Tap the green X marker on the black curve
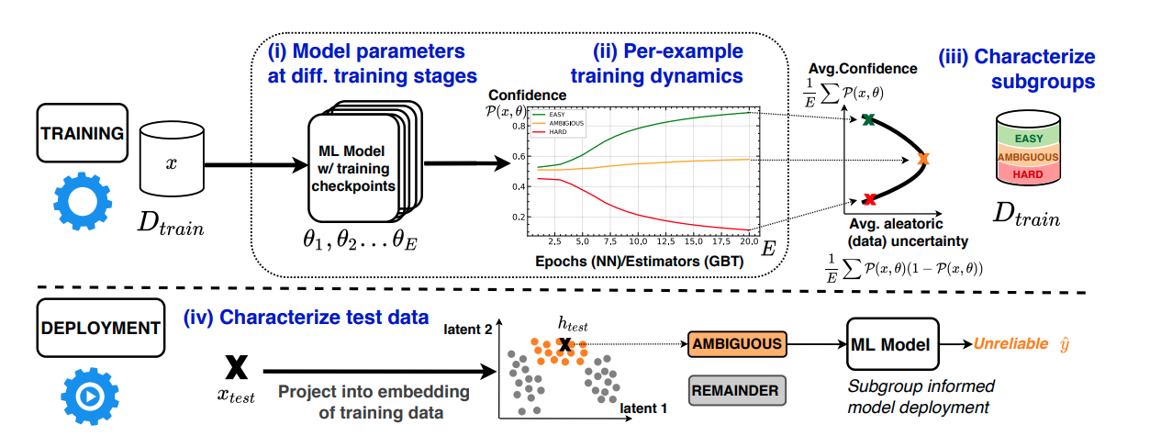tap(866, 119)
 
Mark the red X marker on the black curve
tap(869, 198)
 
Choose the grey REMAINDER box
tap(736, 390)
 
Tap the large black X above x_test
tap(236, 365)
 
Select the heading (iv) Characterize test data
tap(307, 318)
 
